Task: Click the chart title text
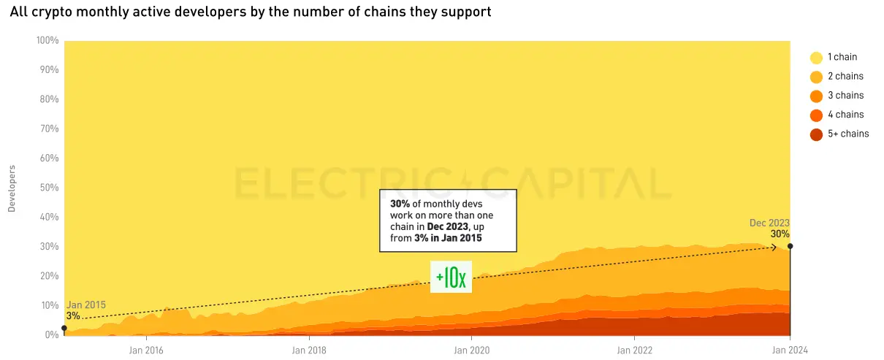250,12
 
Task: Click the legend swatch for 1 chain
816,58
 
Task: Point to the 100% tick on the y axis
47,41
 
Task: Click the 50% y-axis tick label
48,188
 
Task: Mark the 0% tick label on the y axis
51,335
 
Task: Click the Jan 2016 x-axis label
146,351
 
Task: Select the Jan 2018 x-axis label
309,351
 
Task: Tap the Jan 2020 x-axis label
472,351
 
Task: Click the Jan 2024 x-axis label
790,351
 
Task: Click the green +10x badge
451,277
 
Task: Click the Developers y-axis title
12,188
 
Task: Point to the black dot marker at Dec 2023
790,246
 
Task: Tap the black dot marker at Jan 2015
64,328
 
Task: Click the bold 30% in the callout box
400,204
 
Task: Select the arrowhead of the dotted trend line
774,248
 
